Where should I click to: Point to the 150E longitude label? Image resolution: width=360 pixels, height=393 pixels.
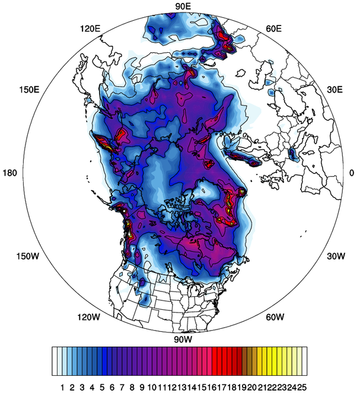(29, 90)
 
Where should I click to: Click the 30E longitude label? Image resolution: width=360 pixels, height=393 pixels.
(334, 90)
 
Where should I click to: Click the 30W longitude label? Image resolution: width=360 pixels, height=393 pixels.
(335, 256)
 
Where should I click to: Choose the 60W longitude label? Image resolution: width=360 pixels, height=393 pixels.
(275, 317)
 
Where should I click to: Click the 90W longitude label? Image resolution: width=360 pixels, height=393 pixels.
(183, 340)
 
